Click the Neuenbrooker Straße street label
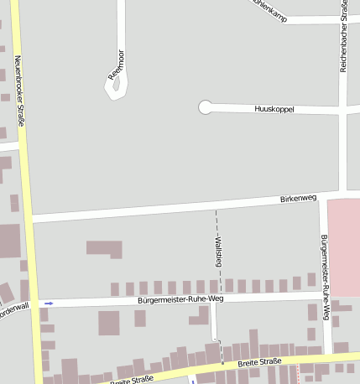click(20, 92)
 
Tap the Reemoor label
click(115, 66)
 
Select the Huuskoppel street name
click(274, 109)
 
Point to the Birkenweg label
click(298, 199)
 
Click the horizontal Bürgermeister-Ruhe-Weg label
click(181, 298)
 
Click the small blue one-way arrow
click(49, 303)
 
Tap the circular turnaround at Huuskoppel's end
click(205, 107)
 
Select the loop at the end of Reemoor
click(116, 87)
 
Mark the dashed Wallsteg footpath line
click(217, 226)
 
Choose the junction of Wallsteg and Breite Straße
click(222, 365)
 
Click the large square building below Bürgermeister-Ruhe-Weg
click(109, 323)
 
